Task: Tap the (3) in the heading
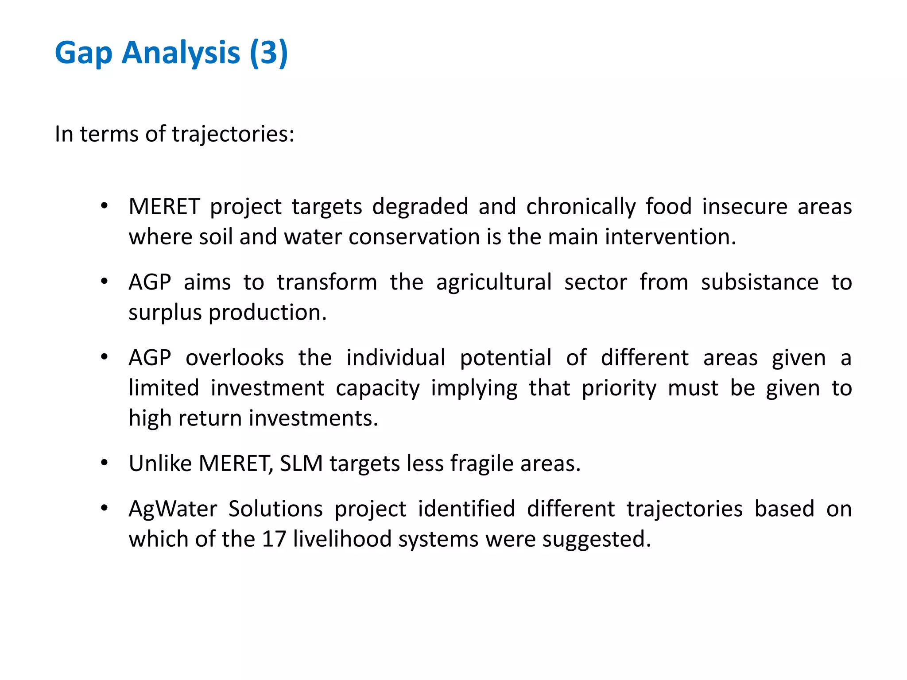click(x=269, y=53)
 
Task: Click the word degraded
click(x=420, y=207)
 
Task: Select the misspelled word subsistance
click(x=760, y=282)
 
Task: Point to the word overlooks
click(x=234, y=358)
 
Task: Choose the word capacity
click(x=377, y=389)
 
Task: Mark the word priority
click(x=619, y=389)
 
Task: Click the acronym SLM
click(x=301, y=464)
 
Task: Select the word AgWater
click(x=173, y=509)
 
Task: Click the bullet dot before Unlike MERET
click(x=104, y=463)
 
